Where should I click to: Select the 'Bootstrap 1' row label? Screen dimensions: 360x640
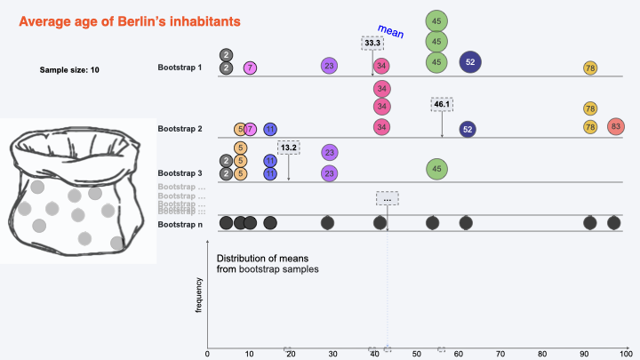[180, 68]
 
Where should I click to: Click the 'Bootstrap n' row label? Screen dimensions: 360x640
[180, 224]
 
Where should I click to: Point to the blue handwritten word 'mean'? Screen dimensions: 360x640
[391, 33]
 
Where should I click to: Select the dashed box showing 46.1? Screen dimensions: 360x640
[442, 104]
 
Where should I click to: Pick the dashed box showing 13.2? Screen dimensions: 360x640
[289, 147]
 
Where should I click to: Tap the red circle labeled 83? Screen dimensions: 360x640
[615, 127]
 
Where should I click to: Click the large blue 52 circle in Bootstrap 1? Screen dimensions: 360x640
[471, 61]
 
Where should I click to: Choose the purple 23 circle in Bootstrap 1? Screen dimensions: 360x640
[330, 66]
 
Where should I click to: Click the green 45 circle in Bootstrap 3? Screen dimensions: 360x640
[436, 167]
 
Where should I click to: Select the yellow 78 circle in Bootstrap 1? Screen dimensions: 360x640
[590, 68]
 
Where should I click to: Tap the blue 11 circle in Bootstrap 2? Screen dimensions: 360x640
[270, 129]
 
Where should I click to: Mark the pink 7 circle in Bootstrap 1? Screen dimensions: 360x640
[251, 68]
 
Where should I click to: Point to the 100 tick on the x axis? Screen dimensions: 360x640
[625, 354]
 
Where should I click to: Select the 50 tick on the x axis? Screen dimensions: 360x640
[417, 354]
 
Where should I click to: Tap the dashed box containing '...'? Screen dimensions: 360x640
[387, 198]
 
